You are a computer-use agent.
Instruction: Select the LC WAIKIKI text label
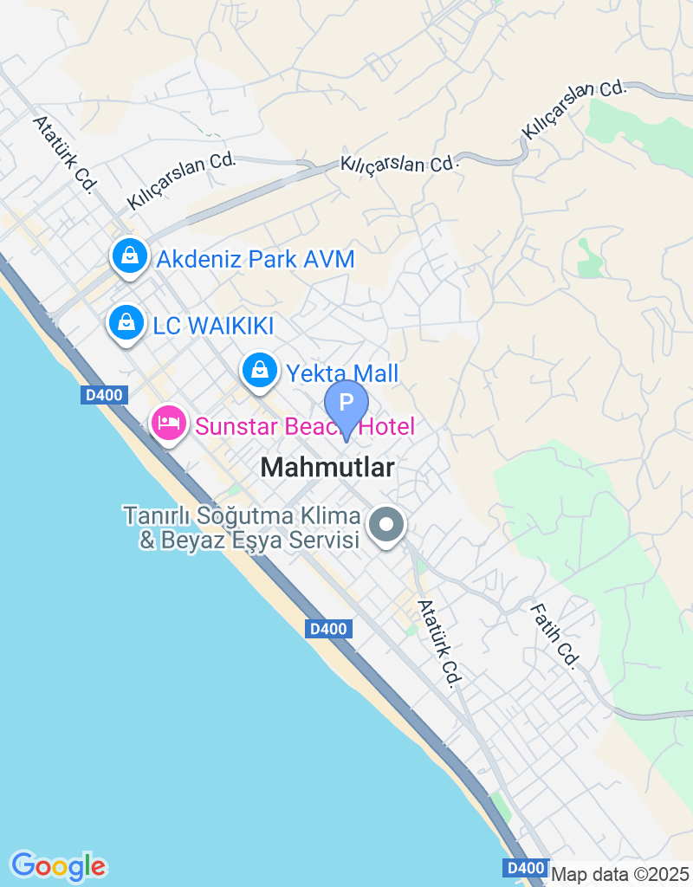click(213, 326)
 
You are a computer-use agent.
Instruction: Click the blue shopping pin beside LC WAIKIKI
click(126, 322)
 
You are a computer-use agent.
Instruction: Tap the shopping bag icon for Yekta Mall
click(258, 371)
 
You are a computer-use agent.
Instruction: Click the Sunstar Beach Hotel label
click(305, 426)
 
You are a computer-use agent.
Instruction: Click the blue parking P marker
click(346, 404)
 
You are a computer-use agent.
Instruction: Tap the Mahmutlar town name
click(327, 468)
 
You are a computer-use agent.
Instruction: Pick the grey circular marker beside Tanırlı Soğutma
click(387, 525)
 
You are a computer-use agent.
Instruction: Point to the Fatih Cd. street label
click(555, 636)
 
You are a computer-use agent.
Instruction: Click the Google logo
click(59, 865)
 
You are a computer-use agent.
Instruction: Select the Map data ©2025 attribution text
click(620, 874)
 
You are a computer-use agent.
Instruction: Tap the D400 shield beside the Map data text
click(525, 868)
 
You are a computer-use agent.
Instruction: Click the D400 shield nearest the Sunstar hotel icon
click(106, 395)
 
